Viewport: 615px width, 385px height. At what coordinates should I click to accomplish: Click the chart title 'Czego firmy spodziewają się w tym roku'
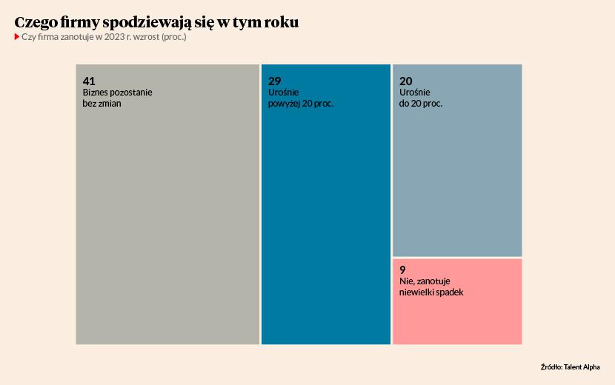(x=156, y=23)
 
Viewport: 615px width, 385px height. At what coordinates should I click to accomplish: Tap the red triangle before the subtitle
(x=16, y=37)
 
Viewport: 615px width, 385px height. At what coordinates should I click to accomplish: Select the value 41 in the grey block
(x=89, y=81)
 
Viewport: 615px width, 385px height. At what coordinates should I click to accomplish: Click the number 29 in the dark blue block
(x=274, y=81)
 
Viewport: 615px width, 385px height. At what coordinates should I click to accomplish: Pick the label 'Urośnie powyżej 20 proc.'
(x=301, y=98)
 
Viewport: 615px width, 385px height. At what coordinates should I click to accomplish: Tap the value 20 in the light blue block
(x=405, y=81)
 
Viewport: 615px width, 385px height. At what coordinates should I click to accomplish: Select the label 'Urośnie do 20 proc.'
(x=420, y=98)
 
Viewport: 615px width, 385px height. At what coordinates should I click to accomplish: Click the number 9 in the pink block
(x=402, y=269)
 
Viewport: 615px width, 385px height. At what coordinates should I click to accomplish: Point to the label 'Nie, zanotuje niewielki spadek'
(x=431, y=287)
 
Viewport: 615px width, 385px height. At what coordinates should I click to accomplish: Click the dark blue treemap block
(x=325, y=222)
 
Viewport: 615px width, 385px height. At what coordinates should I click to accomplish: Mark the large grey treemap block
(x=167, y=222)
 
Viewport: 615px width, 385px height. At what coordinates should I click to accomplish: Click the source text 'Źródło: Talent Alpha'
(x=570, y=366)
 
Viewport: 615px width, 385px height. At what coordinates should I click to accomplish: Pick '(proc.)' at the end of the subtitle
(x=173, y=37)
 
